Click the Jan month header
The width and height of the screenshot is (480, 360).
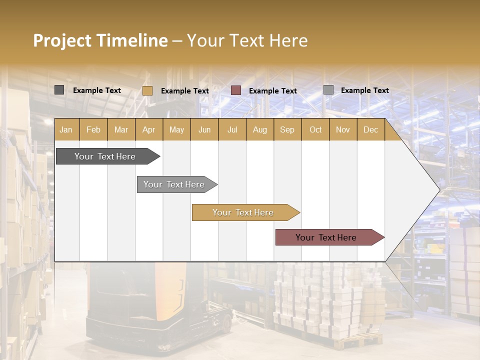coord(66,130)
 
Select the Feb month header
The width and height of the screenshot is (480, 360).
coord(93,130)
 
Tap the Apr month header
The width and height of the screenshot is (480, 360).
coord(148,130)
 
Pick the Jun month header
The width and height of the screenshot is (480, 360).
coord(204,130)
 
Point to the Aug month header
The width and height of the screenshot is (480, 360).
coord(259,130)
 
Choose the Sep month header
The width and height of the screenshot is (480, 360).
coord(287,130)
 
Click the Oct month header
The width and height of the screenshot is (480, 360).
coord(315,130)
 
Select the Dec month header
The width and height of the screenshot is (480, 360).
coord(370,130)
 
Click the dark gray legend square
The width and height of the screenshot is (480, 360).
coord(59,90)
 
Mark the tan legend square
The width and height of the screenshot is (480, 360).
coord(147,90)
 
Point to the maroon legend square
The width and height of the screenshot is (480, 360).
coord(236,90)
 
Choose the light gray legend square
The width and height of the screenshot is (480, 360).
coord(328,90)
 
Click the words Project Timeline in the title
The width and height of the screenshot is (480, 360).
coord(100,40)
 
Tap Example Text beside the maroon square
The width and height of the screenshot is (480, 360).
coord(272,91)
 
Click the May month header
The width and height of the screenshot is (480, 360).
coord(176,130)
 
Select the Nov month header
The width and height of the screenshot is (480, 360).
coord(343,130)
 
